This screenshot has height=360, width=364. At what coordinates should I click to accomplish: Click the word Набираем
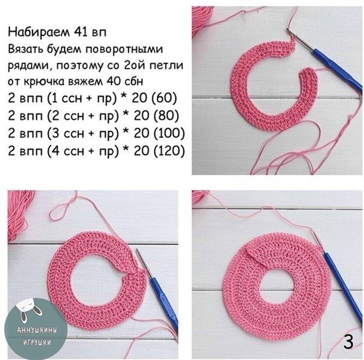(39, 33)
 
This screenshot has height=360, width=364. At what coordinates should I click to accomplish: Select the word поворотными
(125, 49)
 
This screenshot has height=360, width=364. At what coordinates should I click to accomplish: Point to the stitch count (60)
(164, 98)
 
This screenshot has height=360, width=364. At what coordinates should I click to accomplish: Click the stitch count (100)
(169, 133)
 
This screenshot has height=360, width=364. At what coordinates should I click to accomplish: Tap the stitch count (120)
(169, 151)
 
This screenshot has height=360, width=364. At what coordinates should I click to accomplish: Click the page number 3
(348, 342)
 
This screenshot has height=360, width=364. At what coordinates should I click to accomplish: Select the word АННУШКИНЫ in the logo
(37, 330)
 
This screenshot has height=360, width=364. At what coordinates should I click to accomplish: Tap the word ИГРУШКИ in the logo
(37, 342)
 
